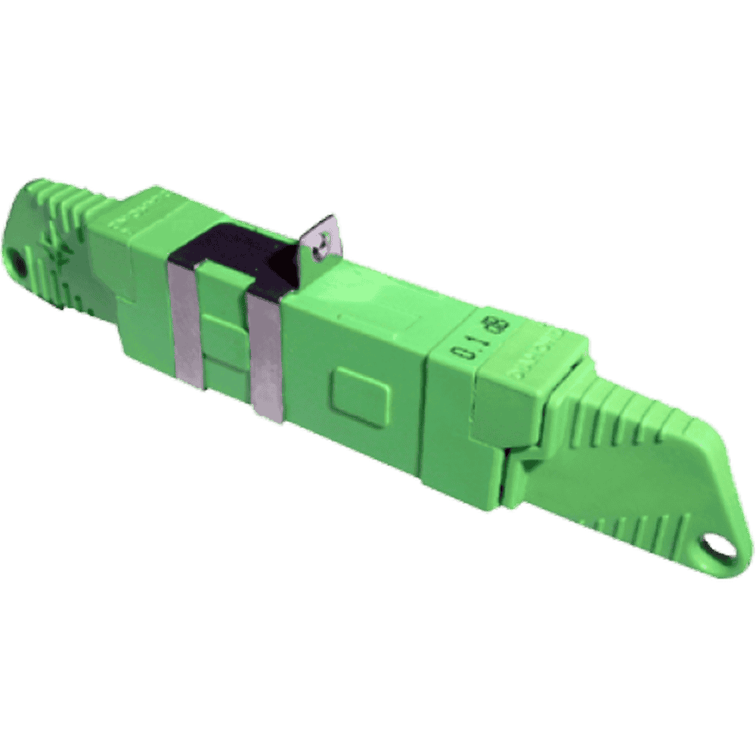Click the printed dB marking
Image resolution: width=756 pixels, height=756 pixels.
click(x=500, y=330)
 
